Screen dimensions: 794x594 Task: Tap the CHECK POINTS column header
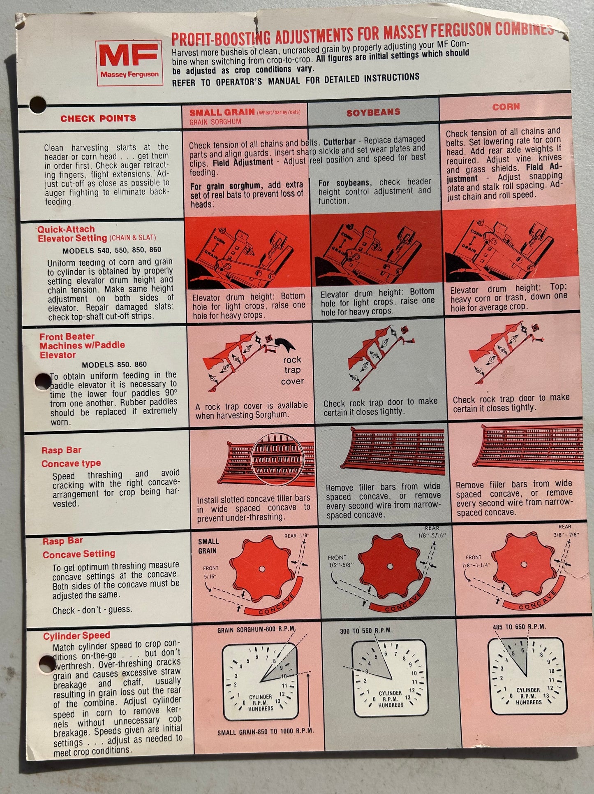click(x=98, y=118)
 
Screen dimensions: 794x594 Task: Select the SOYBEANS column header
click(x=373, y=112)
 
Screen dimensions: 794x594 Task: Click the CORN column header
click(x=506, y=107)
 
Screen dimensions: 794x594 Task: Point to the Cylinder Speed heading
click(x=77, y=636)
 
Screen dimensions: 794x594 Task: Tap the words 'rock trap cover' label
click(x=292, y=370)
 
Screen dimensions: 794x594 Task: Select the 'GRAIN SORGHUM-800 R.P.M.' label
click(x=256, y=629)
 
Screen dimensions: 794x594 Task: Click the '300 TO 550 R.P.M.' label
click(x=366, y=631)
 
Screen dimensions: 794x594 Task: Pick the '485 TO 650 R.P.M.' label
click(x=519, y=627)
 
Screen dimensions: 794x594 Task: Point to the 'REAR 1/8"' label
click(x=296, y=536)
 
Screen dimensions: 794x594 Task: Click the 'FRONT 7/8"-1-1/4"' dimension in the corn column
click(x=476, y=562)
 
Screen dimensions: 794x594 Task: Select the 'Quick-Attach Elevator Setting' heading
click(x=72, y=234)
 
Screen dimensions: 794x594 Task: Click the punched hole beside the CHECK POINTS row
click(x=37, y=105)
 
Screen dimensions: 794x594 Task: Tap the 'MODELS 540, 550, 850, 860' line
click(x=112, y=250)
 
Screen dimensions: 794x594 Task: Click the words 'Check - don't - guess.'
click(x=92, y=610)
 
